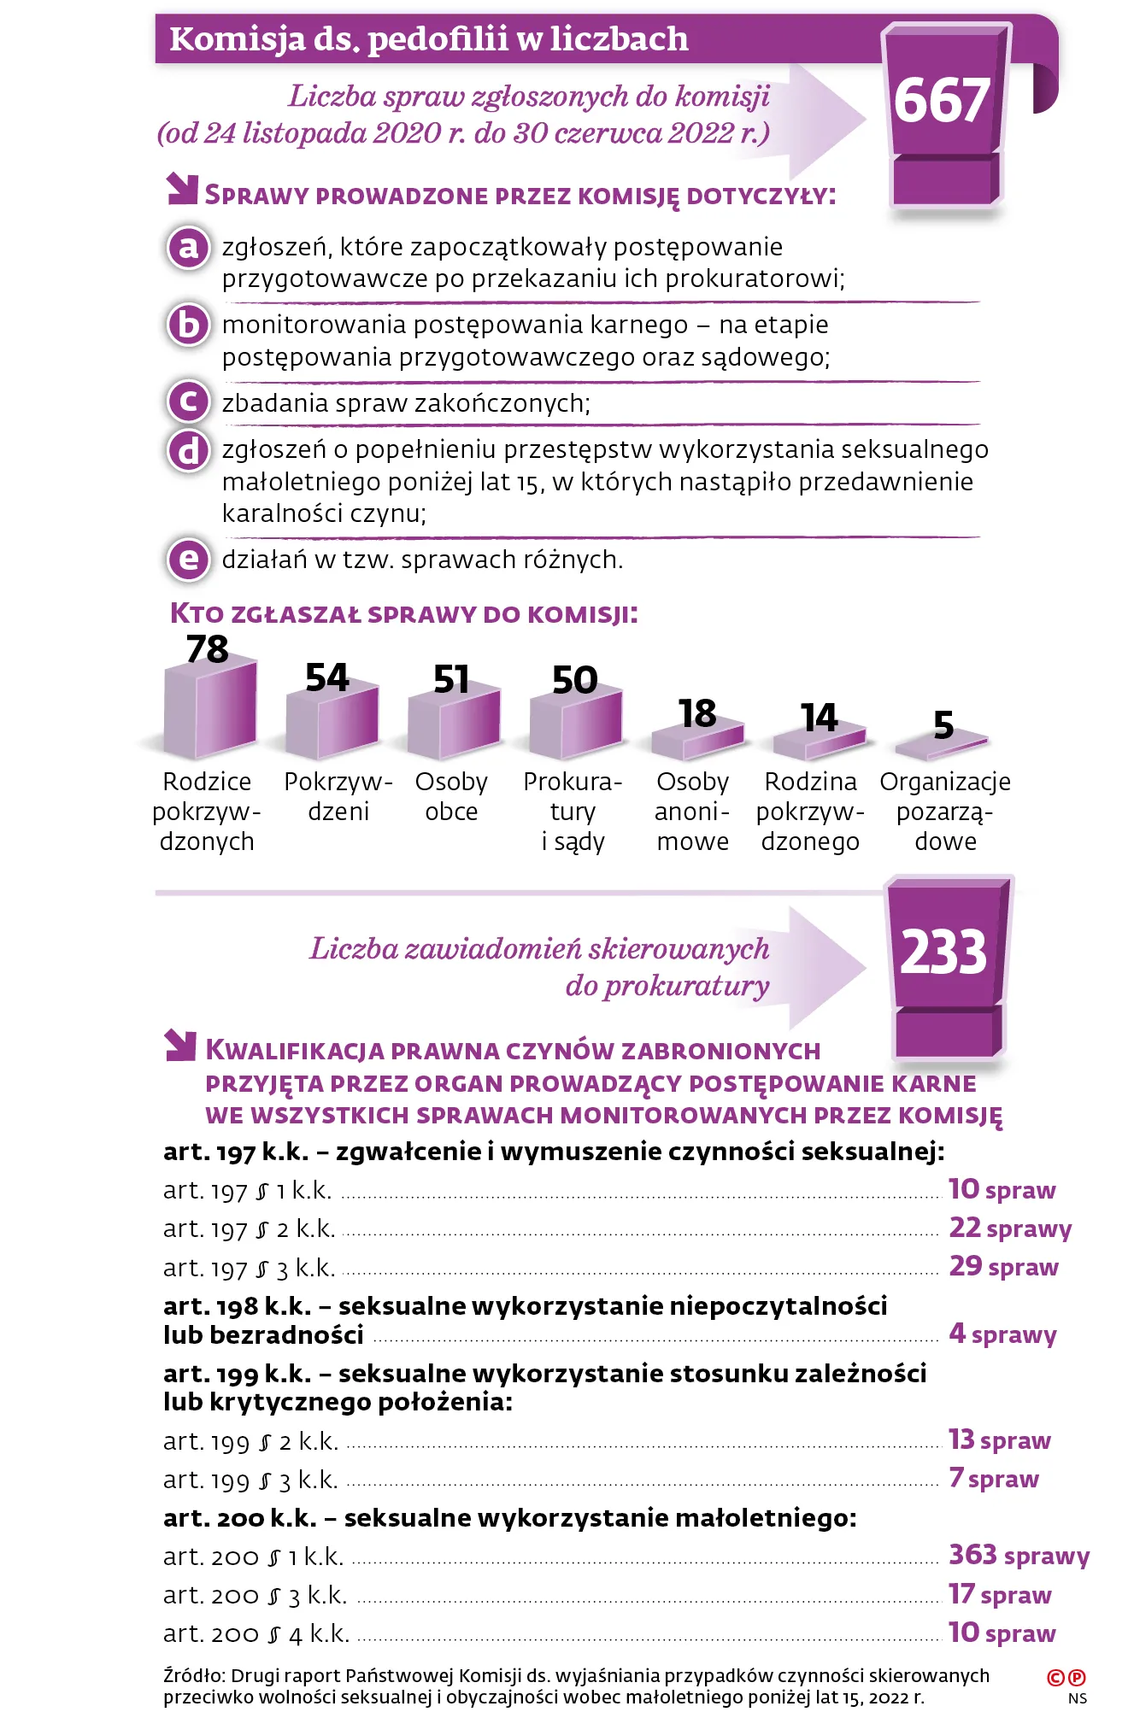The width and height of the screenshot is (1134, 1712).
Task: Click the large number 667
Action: coord(941,102)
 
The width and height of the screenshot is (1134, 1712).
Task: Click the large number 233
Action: coord(943,953)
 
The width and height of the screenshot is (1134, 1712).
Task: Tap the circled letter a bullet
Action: coord(188,248)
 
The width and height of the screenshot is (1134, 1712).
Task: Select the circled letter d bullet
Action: coord(188,450)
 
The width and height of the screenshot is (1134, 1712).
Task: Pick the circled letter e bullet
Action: coord(188,560)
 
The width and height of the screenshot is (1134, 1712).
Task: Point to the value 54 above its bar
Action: coord(326,677)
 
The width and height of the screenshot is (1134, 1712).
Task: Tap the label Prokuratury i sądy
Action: coord(573,812)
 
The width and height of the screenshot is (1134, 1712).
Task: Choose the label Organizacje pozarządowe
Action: coord(945,812)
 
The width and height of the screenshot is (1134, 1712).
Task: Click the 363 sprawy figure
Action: coord(1019,1555)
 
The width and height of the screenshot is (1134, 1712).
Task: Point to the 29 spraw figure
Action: coord(1003,1266)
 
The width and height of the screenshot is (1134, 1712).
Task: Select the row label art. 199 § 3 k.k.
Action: coord(250,1480)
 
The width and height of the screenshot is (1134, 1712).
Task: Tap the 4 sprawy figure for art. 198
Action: coord(1002,1334)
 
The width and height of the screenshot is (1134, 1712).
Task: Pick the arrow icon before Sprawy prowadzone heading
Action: coord(181,190)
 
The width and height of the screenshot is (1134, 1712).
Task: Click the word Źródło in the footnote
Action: coord(193,1676)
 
